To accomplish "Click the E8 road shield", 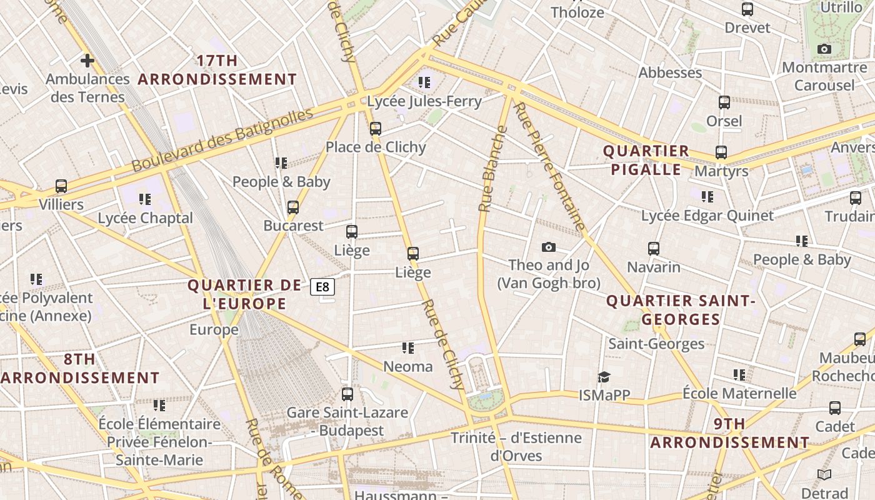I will click(322, 287).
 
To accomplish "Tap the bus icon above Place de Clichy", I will click(375, 129).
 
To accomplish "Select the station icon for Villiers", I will click(61, 186).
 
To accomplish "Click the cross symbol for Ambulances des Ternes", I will click(87, 61).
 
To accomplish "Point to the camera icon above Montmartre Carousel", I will click(824, 49).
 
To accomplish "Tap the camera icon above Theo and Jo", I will click(549, 247).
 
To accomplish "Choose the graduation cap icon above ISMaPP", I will click(603, 377).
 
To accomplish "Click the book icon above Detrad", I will click(824, 475).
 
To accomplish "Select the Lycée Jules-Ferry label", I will click(424, 101).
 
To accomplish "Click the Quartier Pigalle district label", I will click(646, 160).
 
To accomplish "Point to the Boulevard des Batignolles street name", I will click(222, 140).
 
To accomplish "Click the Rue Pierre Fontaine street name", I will click(549, 166).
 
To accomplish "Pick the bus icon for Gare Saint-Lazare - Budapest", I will click(347, 394).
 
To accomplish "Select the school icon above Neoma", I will click(408, 348).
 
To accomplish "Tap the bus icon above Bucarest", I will click(293, 207).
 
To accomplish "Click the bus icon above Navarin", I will click(654, 249).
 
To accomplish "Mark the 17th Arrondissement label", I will click(217, 70).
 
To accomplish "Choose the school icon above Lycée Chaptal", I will click(145, 199).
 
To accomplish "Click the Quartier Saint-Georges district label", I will click(681, 310).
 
